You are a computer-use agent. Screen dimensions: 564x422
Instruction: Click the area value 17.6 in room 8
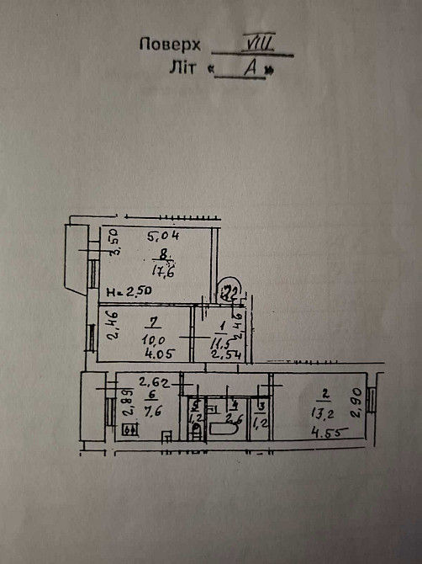point(161,272)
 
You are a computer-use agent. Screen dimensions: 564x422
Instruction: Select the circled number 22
point(229,290)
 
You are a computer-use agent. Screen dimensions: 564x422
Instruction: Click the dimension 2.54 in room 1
point(223,354)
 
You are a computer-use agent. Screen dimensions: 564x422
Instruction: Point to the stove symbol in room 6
point(130,431)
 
